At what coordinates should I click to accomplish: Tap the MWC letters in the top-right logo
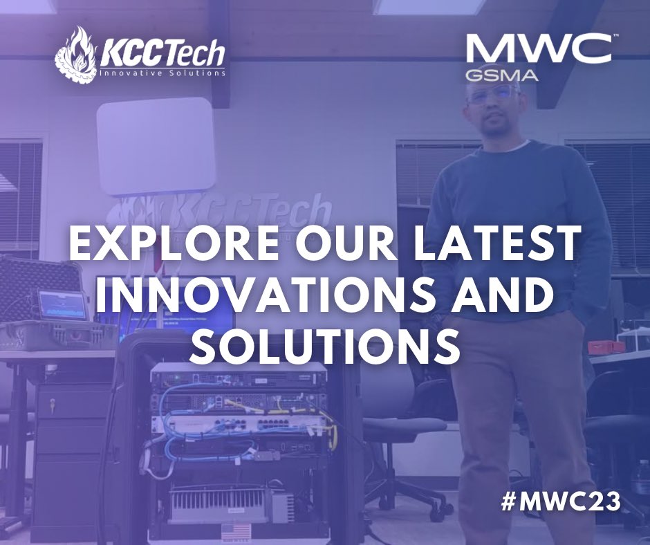pyautogui.click(x=539, y=50)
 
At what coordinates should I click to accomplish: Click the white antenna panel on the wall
pyautogui.click(x=154, y=145)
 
